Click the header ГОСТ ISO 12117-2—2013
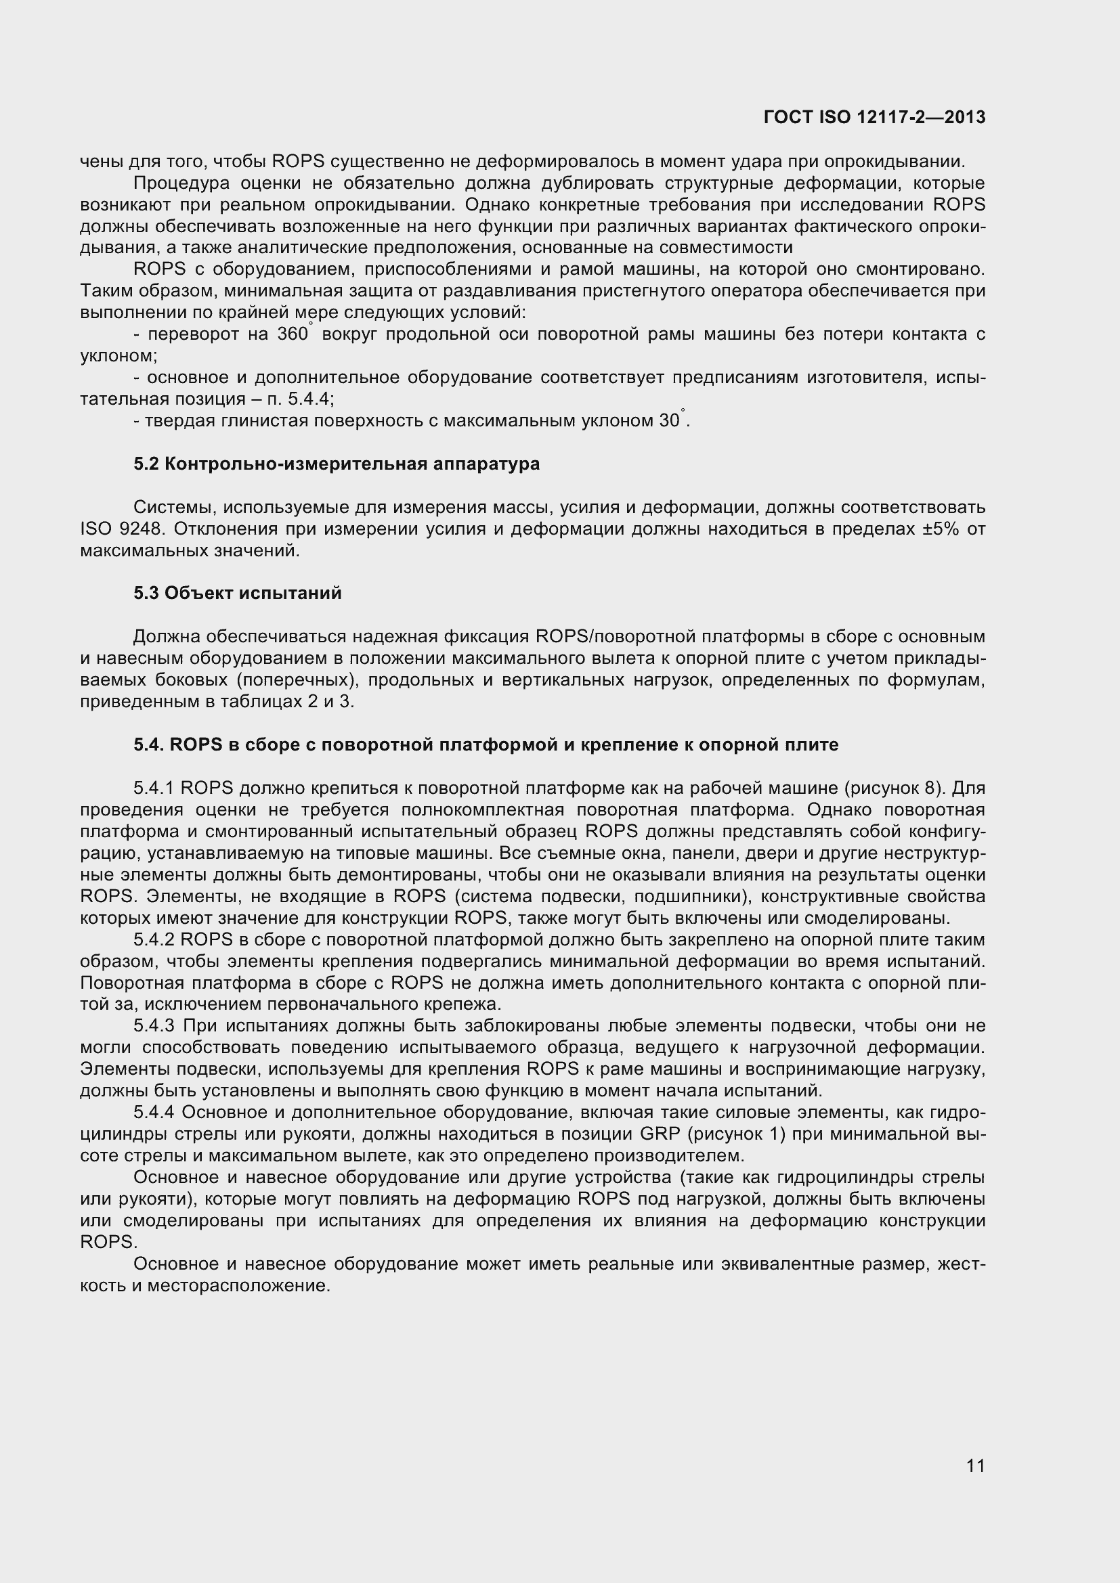pos(874,117)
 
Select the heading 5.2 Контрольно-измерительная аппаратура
pos(337,464)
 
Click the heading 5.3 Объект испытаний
pos(237,593)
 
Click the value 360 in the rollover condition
pos(293,335)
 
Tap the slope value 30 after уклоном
pos(669,421)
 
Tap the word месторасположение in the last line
pos(238,1286)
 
